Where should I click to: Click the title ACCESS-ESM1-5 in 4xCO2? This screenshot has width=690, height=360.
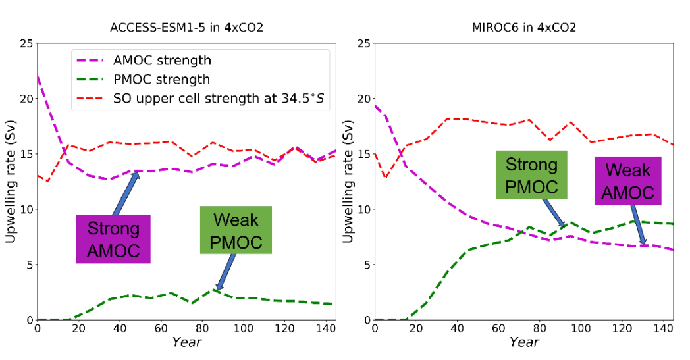186,28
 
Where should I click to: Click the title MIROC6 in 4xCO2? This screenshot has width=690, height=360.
524,28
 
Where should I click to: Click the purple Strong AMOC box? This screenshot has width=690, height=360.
113,238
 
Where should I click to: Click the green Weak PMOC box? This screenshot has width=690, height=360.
236,230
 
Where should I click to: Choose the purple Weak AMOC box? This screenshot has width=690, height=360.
627,180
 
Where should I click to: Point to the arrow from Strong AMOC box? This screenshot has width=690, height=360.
126,193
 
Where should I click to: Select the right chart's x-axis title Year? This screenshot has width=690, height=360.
524,342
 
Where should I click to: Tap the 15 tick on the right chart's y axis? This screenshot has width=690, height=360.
363,155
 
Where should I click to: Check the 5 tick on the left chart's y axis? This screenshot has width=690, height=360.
28,265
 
